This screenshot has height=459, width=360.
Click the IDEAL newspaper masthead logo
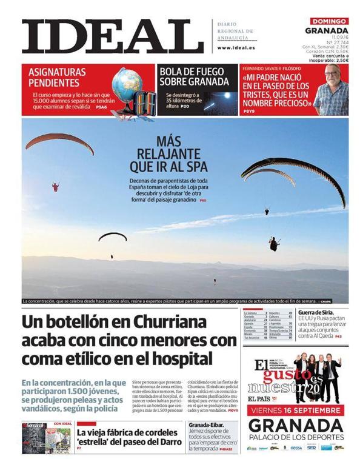click(104, 36)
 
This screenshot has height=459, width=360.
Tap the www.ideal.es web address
click(236, 47)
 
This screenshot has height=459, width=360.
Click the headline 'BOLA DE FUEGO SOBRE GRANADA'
click(195, 76)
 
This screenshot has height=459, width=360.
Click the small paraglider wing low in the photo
click(112, 235)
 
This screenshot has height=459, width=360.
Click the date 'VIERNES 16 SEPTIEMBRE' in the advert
click(295, 410)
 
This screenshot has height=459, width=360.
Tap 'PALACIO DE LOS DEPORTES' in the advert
click(295, 438)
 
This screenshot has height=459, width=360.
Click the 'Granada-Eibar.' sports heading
click(207, 424)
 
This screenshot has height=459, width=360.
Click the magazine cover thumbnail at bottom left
click(34, 438)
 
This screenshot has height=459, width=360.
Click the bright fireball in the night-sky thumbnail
click(228, 95)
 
